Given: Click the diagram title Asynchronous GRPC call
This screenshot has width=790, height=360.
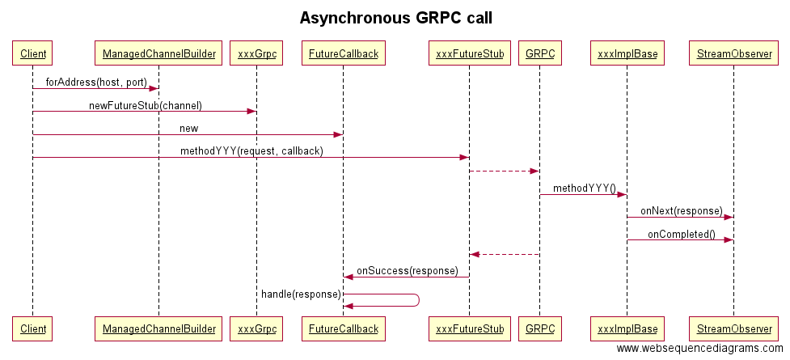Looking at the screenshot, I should click(x=395, y=17).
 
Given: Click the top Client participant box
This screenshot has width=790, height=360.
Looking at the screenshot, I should click(x=32, y=54).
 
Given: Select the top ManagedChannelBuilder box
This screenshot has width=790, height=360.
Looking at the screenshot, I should click(x=158, y=54).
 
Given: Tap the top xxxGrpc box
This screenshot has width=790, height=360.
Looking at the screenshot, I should click(x=256, y=54).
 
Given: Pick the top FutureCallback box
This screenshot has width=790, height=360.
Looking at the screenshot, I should click(x=343, y=54).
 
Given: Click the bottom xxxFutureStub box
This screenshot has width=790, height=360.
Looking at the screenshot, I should click(x=470, y=328).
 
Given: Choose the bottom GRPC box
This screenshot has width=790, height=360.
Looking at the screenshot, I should click(x=539, y=328).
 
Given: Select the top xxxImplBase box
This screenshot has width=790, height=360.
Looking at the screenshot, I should click(x=627, y=54).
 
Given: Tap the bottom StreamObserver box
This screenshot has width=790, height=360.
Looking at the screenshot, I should click(x=733, y=328).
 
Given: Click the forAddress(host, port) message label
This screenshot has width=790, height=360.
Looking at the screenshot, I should click(x=96, y=83).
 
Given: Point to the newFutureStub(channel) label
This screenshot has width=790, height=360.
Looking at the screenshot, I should click(x=145, y=105).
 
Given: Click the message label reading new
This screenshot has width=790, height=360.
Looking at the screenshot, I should click(x=188, y=129).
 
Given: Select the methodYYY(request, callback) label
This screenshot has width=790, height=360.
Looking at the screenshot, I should click(x=251, y=151).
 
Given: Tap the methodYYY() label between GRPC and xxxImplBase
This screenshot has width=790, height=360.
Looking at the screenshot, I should click(x=584, y=188).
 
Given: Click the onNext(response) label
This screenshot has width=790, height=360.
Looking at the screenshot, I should click(x=681, y=211).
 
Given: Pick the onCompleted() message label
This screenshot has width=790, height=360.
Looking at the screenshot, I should click(x=681, y=235).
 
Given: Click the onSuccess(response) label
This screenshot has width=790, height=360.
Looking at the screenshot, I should click(x=407, y=271).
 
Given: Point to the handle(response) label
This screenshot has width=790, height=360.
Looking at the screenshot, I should click(x=301, y=294).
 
